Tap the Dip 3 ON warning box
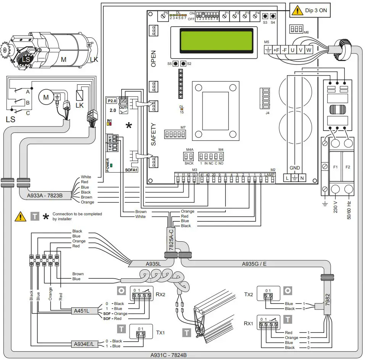coord(310,11)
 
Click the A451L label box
coord(82,311)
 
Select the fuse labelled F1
coord(335,167)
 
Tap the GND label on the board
coord(295,168)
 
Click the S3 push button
coord(265,16)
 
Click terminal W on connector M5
coord(309,50)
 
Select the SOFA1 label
coord(131,169)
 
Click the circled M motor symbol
coord(46,98)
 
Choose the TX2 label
coord(249,295)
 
